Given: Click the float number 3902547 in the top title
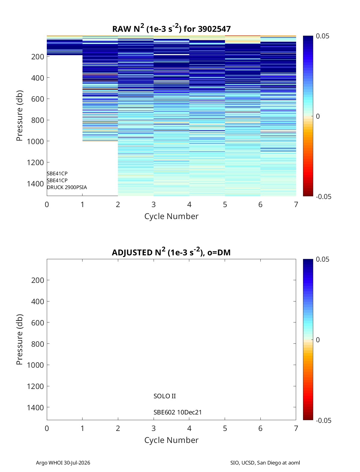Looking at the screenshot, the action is [214, 29].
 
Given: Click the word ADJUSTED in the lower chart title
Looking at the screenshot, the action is [132, 252].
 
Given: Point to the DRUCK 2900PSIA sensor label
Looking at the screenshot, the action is [67, 187].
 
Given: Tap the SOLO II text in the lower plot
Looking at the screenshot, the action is [165, 396].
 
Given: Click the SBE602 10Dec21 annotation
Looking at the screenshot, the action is [178, 412].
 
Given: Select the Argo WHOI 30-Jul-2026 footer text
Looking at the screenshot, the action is [63, 462].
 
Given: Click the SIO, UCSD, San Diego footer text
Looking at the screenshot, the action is [265, 462].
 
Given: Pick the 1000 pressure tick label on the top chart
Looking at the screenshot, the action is [35, 141].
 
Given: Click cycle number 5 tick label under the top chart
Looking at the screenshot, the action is [225, 204].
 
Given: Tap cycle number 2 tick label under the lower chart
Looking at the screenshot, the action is [118, 428].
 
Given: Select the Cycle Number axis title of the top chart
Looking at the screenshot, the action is [171, 216].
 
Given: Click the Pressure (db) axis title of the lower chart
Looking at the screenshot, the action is [19, 340].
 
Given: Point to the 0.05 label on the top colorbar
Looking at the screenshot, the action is [322, 36].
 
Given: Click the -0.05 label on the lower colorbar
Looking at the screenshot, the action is [324, 420].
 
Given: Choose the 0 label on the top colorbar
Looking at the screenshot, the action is [318, 116].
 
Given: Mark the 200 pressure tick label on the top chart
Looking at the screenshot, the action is [38, 57].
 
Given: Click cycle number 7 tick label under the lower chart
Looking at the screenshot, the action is [296, 428].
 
